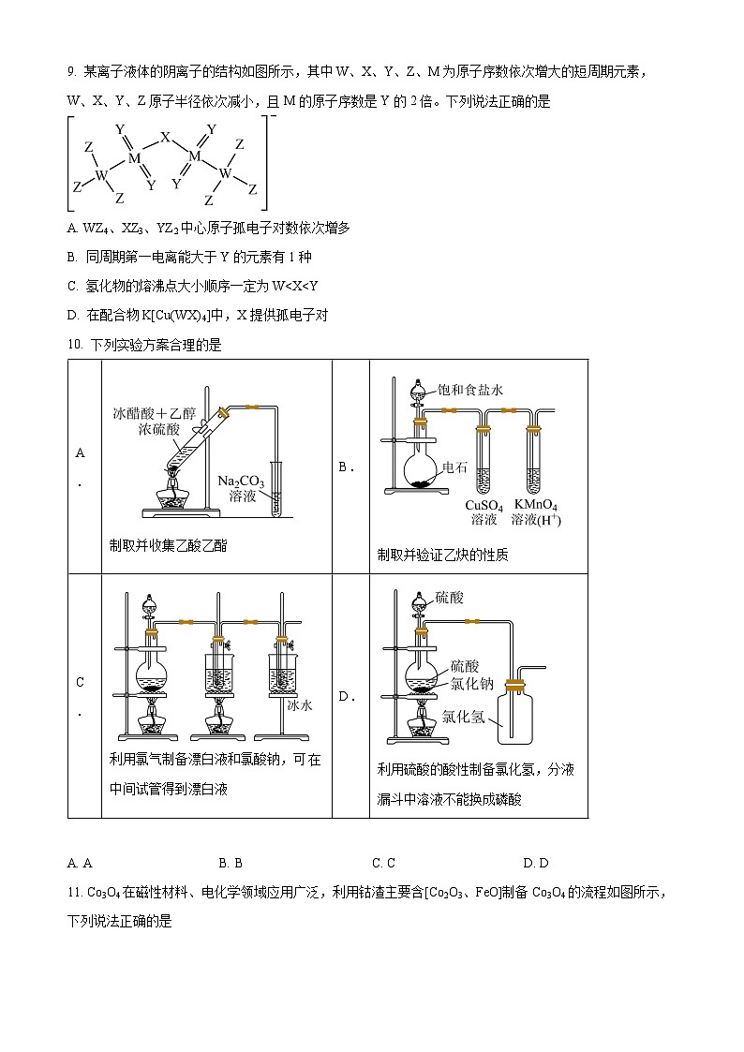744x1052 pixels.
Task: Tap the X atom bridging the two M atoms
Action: click(165, 138)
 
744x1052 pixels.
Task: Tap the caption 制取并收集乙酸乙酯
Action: click(168, 545)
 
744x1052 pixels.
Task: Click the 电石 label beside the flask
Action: click(454, 467)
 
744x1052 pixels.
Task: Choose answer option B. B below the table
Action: click(231, 863)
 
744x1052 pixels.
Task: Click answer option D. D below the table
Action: click(536, 863)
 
